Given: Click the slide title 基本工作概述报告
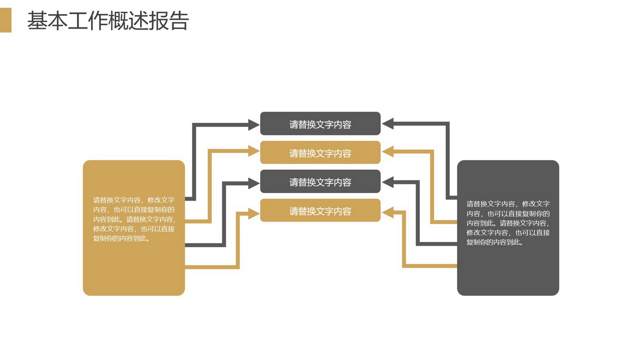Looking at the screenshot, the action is pyautogui.click(x=108, y=21).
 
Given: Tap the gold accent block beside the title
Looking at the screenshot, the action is pyautogui.click(x=6, y=20).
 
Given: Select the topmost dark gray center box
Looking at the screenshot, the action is pyautogui.click(x=320, y=123).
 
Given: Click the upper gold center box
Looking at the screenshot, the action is pyautogui.click(x=320, y=152).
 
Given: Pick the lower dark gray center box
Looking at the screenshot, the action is pyautogui.click(x=320, y=181).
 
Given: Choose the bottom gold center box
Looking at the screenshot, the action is pyautogui.click(x=320, y=210).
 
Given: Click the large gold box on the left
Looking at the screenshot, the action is pyautogui.click(x=134, y=228).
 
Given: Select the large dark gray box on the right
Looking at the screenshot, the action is pyautogui.click(x=508, y=228).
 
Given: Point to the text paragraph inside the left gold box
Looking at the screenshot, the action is pyautogui.click(x=134, y=219).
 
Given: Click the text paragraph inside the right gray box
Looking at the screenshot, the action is pyautogui.click(x=508, y=223).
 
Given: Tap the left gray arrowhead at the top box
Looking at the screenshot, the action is pyautogui.click(x=254, y=125).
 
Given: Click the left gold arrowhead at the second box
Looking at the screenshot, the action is pyautogui.click(x=254, y=151).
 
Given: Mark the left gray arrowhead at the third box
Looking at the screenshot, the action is pyautogui.click(x=254, y=183).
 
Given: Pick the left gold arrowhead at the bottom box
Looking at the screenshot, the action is pyautogui.click(x=254, y=213).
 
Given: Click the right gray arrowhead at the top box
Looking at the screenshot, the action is pyautogui.click(x=388, y=123).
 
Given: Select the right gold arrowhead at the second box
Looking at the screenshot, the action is pyautogui.click(x=388, y=152).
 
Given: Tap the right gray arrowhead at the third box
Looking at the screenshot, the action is pyautogui.click(x=388, y=182).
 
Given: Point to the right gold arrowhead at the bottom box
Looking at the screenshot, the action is pyautogui.click(x=388, y=212).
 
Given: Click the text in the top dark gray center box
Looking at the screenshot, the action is pyautogui.click(x=320, y=124).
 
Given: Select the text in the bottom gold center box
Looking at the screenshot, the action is pyautogui.click(x=320, y=211).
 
